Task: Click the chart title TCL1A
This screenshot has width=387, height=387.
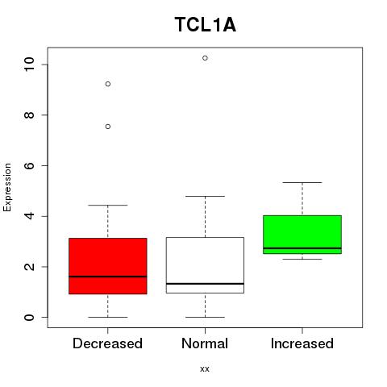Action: pyautogui.click(x=206, y=25)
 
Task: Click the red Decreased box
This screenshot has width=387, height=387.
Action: pyautogui.click(x=108, y=266)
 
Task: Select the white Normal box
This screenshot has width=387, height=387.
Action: pyautogui.click(x=205, y=265)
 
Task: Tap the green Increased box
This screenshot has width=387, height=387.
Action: pyautogui.click(x=302, y=235)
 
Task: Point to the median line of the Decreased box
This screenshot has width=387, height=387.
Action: pyautogui.click(x=108, y=277)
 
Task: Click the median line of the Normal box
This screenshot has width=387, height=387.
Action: pyautogui.click(x=205, y=284)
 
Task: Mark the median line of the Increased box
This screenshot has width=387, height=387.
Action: pyautogui.click(x=302, y=248)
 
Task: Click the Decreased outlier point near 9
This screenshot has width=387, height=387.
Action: pyautogui.click(x=108, y=84)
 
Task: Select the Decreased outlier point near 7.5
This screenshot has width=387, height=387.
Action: pyautogui.click(x=108, y=127)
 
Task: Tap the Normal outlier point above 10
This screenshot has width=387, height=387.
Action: pyautogui.click(x=205, y=58)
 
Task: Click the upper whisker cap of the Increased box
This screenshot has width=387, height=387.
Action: pyautogui.click(x=302, y=182)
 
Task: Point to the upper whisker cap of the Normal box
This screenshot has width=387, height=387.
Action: pyautogui.click(x=205, y=196)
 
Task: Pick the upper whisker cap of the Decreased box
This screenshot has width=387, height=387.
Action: pyautogui.click(x=108, y=205)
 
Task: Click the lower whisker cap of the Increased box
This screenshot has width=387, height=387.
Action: pyautogui.click(x=302, y=259)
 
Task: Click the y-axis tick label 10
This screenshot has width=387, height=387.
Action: pyautogui.click(x=29, y=64)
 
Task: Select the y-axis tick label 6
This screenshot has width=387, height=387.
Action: pyautogui.click(x=29, y=165)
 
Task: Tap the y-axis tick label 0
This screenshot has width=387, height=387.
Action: pyautogui.click(x=29, y=317)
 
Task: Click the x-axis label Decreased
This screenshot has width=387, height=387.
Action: pyautogui.click(x=107, y=343)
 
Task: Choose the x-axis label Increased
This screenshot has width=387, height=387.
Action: pyautogui.click(x=302, y=343)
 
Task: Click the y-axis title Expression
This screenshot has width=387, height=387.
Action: pyautogui.click(x=7, y=187)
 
